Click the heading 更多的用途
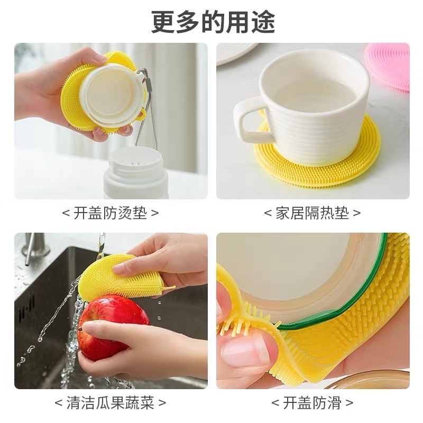pos(213,22)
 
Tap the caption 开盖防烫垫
pos(110,214)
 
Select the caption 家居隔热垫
pos(312,214)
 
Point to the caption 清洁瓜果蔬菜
pos(110,403)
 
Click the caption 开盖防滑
pos(312,403)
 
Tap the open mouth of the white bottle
pos(135,161)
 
